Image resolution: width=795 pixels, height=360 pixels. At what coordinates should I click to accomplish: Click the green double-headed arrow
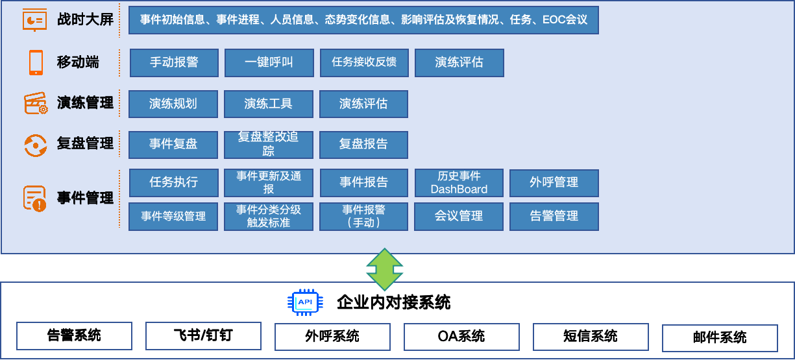[x=385, y=269]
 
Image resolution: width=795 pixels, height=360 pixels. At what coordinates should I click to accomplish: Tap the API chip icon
[x=305, y=302]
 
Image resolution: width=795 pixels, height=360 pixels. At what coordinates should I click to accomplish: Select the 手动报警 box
[x=174, y=63]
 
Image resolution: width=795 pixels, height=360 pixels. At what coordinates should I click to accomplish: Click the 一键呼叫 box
[x=269, y=63]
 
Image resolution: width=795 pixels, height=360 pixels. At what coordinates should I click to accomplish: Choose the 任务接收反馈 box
[x=364, y=63]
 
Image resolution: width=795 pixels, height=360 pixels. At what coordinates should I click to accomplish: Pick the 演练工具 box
[x=268, y=104]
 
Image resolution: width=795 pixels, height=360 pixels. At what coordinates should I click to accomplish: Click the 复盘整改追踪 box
[x=268, y=145]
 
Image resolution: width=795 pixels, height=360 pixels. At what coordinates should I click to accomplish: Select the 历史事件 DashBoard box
[x=459, y=183]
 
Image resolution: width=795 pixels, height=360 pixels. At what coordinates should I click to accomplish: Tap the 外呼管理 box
[x=554, y=183]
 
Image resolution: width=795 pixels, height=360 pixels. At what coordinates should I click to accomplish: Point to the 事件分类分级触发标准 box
[x=268, y=216]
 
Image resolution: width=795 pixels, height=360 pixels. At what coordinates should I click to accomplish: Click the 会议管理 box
[x=459, y=216]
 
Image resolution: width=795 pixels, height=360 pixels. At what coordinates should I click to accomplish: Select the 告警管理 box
[x=554, y=216]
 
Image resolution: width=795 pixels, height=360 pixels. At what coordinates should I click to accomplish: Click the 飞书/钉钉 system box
[x=203, y=336]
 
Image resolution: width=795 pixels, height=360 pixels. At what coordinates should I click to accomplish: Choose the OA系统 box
[x=461, y=337]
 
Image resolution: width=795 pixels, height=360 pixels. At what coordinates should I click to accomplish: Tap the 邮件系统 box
[x=720, y=338]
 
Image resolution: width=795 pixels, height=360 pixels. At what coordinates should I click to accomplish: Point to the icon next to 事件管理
[x=35, y=198]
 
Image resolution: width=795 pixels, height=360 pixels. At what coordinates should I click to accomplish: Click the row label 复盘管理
[x=85, y=143]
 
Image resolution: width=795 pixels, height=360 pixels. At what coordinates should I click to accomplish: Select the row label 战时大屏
[x=85, y=19]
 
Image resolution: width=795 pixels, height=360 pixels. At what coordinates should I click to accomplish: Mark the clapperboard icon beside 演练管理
[x=36, y=103]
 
